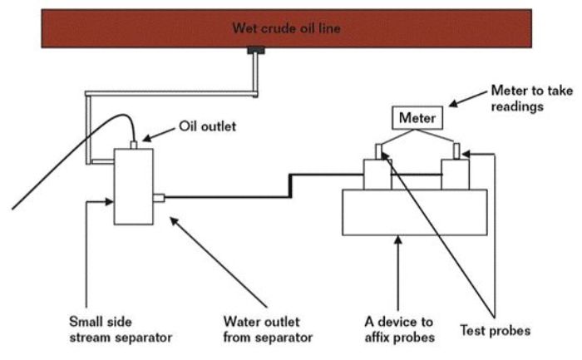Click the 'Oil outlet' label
pos(207,127)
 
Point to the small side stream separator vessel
pos(133,186)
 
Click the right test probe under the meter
pos(457,150)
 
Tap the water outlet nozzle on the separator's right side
pos(160,198)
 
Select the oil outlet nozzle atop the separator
pos(133,145)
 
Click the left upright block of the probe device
pos(377,175)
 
